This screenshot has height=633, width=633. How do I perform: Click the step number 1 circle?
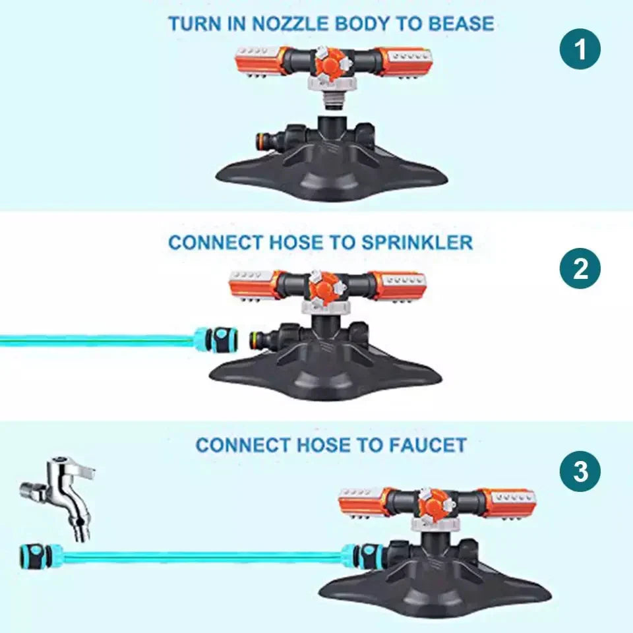pyautogui.click(x=580, y=49)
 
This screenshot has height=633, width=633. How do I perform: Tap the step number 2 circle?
pyautogui.click(x=580, y=268)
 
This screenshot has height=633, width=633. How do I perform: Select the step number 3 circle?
pyautogui.click(x=580, y=471)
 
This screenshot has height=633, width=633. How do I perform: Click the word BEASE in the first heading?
pyautogui.click(x=461, y=24)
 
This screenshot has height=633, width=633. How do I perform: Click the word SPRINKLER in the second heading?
pyautogui.click(x=417, y=243)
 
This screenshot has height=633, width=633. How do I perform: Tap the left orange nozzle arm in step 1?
pyautogui.click(x=261, y=61)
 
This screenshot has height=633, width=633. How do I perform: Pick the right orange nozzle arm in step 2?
pyautogui.click(x=400, y=286)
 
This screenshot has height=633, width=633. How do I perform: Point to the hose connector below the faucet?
pyautogui.click(x=41, y=556)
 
